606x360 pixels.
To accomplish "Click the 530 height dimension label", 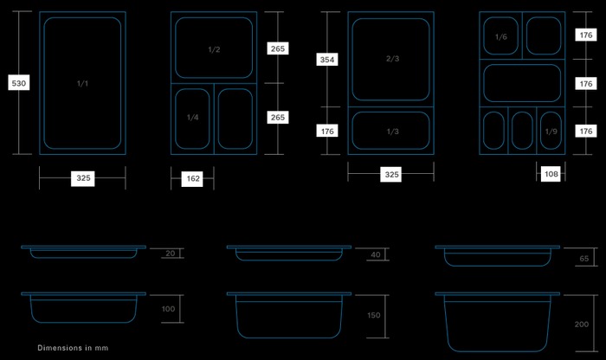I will (17, 83).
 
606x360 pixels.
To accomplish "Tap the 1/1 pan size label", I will (83, 83).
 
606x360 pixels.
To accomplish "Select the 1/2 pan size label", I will (214, 49).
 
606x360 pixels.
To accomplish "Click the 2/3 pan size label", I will (391, 59).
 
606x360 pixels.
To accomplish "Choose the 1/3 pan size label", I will (391, 132).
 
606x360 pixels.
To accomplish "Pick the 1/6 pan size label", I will (500, 37).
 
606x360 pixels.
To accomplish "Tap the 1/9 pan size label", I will (551, 132).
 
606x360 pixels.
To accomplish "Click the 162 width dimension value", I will (192, 179).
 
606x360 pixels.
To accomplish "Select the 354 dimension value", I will (327, 60).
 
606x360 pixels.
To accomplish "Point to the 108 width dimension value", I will (551, 174).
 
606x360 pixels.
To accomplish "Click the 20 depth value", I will (170, 253).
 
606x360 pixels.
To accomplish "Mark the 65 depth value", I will (585, 258).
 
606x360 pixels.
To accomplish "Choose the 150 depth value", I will (374, 315).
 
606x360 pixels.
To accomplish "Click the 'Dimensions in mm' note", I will (73, 348).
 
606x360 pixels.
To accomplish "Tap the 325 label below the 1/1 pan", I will (83, 178).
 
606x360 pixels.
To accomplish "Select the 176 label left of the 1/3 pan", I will (327, 132).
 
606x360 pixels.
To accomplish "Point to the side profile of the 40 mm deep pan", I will (287, 253).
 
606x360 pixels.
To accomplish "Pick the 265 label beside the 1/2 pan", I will (278, 49).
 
